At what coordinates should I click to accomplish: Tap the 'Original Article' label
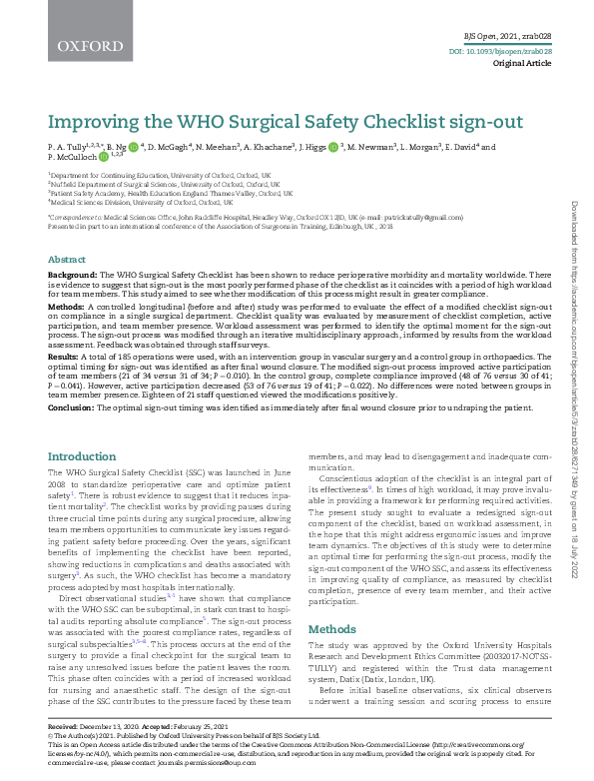click(x=522, y=63)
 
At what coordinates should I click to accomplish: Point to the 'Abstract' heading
click(x=66, y=258)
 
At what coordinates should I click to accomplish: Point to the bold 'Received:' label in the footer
click(x=63, y=727)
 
